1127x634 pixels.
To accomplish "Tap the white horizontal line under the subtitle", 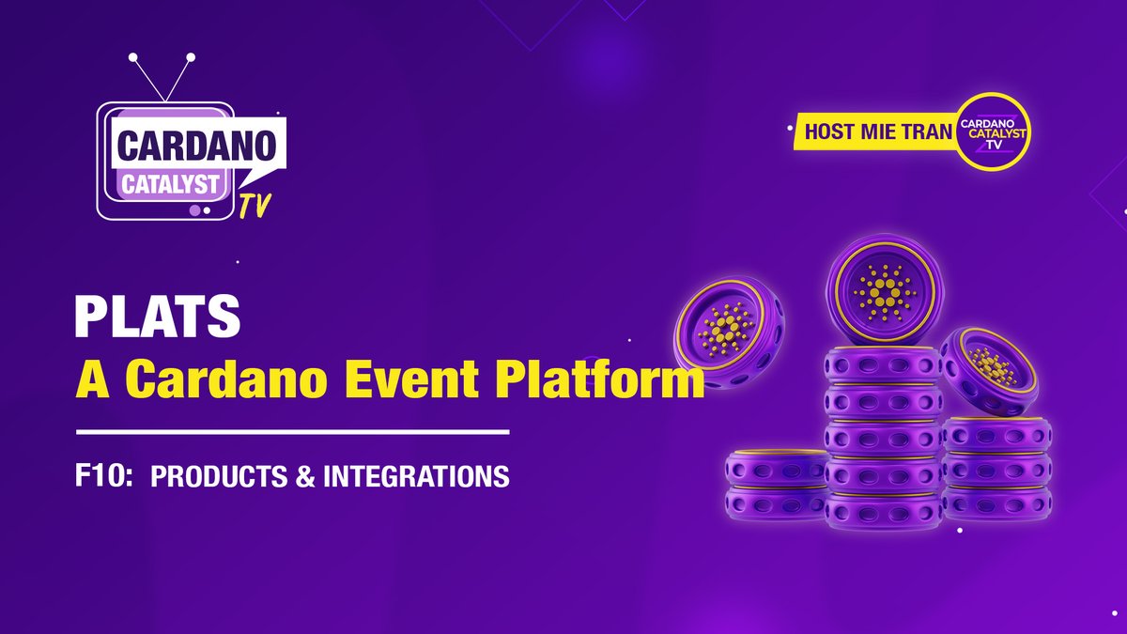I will [292, 432].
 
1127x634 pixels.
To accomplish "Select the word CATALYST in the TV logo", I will [174, 183].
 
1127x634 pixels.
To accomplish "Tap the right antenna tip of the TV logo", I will [191, 58].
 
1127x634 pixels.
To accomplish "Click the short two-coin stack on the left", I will [776, 485].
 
